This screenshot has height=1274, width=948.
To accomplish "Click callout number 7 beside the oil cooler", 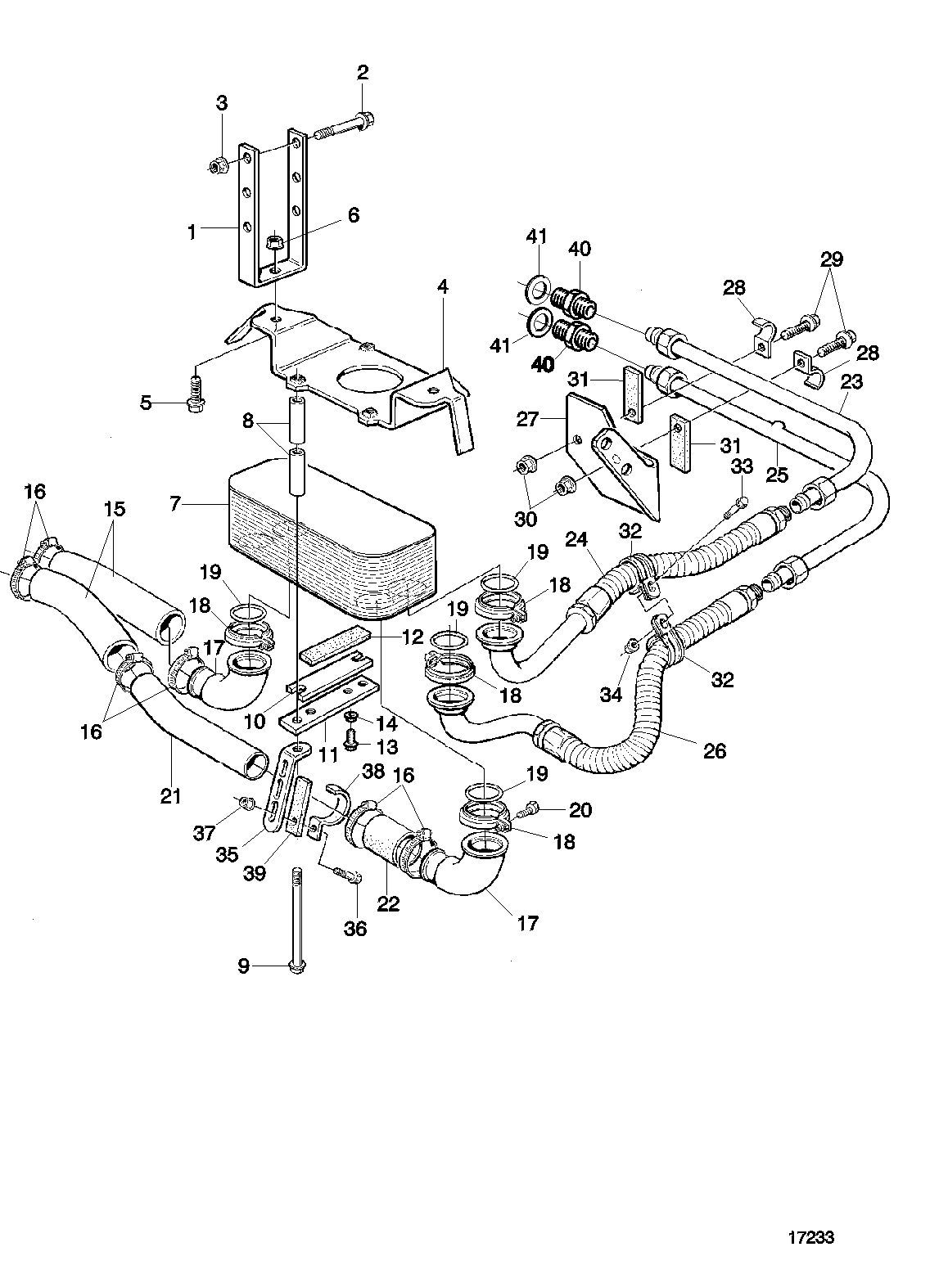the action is click(x=176, y=504).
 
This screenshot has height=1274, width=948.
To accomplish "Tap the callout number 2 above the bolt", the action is click(x=363, y=72).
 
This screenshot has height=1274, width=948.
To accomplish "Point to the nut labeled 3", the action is click(x=218, y=167).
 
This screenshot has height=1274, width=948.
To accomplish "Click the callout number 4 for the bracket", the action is click(x=442, y=286).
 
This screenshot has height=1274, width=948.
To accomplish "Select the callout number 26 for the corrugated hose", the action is click(x=715, y=750).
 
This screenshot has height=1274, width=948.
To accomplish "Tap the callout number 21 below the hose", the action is click(x=171, y=795).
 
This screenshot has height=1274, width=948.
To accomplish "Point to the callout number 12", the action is click(x=413, y=636).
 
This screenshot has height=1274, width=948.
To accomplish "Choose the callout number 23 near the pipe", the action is click(x=851, y=381).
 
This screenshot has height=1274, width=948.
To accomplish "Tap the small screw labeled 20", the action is click(x=530, y=809).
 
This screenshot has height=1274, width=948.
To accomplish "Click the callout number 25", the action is click(x=777, y=475).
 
